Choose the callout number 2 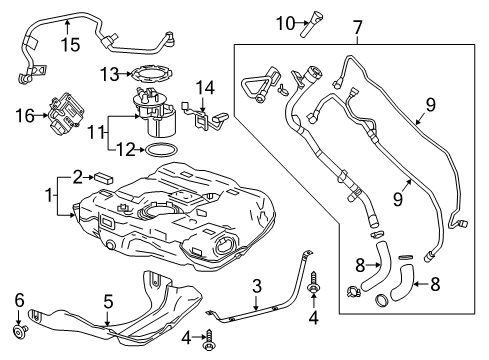[77, 177]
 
